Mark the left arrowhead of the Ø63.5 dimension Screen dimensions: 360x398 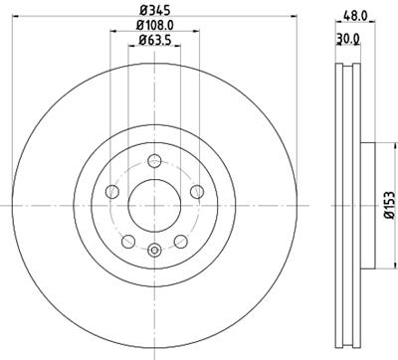[130, 49]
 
